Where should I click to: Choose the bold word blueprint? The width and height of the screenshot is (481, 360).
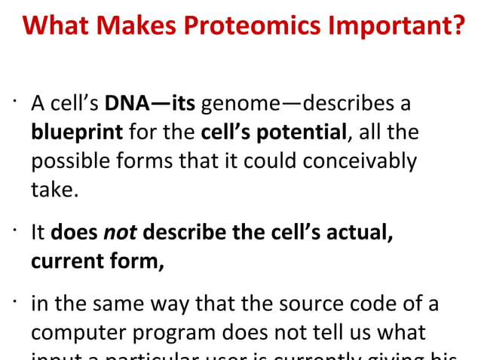(76, 133)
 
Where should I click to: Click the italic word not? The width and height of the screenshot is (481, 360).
(119, 233)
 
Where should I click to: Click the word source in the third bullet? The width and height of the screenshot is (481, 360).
(300, 304)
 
